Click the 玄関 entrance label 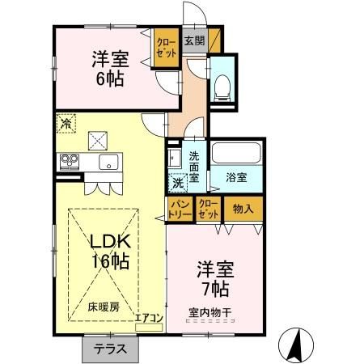(x=193, y=40)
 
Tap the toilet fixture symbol (x=222, y=86)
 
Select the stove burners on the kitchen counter (x=68, y=162)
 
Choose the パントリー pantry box (x=180, y=210)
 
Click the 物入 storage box (x=243, y=209)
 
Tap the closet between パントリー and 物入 (x=208, y=210)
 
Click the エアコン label (x=149, y=318)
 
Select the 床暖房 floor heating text (x=104, y=308)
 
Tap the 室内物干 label (x=211, y=310)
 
